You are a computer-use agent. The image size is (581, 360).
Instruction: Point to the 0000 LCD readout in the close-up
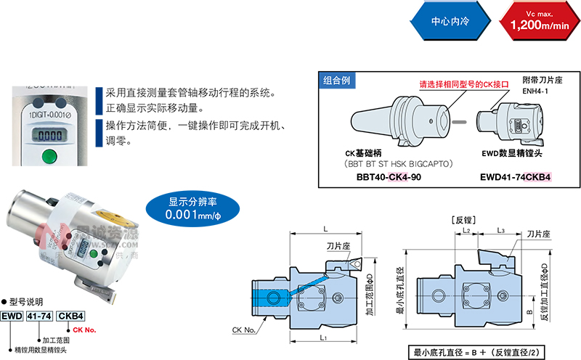coord(50,135)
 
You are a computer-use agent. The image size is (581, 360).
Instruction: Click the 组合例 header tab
coord(337,81)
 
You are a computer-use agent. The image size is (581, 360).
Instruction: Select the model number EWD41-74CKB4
coord(516,176)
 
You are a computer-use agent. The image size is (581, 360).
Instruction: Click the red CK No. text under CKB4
coord(85,330)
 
